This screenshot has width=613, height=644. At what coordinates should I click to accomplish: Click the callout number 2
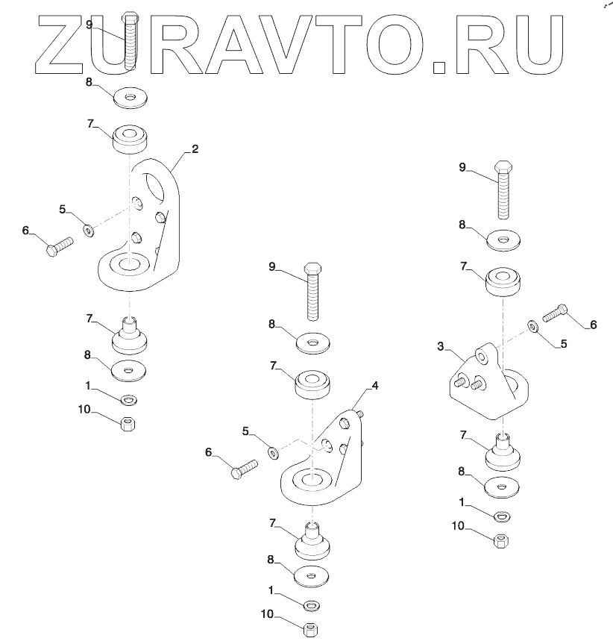click(x=195, y=149)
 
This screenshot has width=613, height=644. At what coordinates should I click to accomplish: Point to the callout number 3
click(x=441, y=346)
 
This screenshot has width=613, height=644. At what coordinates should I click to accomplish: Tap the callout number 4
click(x=375, y=386)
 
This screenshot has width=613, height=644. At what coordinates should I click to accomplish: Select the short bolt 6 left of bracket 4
click(x=244, y=469)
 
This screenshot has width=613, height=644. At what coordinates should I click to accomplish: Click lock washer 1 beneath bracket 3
click(x=503, y=515)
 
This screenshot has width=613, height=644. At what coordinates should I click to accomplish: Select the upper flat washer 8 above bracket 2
click(x=129, y=97)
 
